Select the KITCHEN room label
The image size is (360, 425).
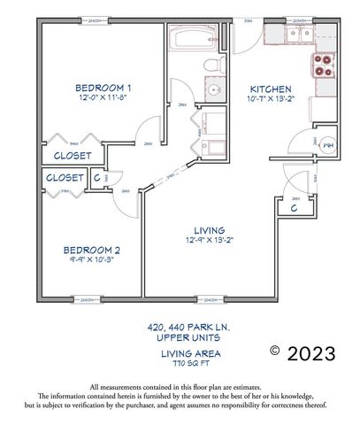270,89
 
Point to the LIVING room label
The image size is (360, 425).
209,229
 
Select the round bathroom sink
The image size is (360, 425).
213,91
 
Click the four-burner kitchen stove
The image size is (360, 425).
319,67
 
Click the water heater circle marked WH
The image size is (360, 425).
326,144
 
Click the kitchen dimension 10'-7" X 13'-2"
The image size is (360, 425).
271,100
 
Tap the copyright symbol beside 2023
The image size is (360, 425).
276,352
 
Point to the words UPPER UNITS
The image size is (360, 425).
190,337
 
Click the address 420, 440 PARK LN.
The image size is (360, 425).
189,327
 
